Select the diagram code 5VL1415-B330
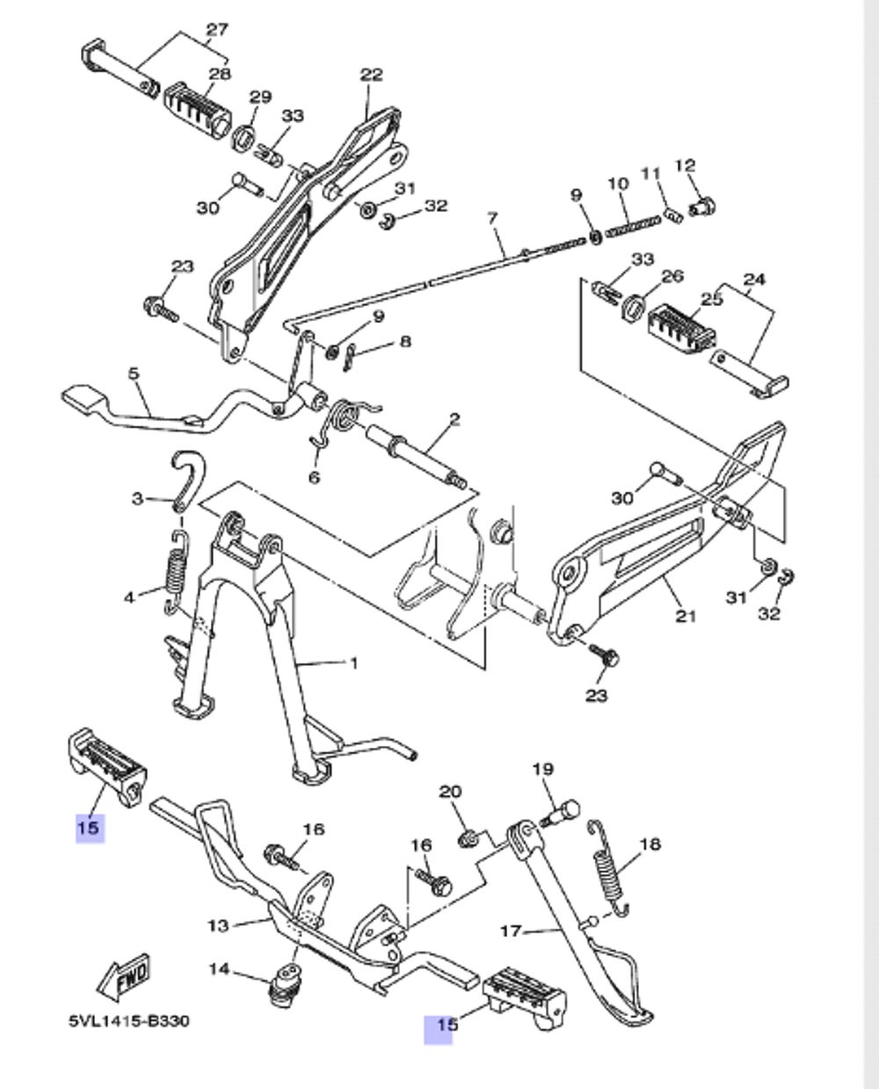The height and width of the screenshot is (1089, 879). pos(128,1021)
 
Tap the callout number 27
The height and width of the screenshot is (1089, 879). pos(216,30)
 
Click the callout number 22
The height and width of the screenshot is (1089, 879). pos(371,75)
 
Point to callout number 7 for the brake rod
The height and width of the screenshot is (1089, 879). pos(492,217)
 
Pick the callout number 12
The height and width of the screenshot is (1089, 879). pos(685,165)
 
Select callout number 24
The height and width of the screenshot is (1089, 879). pos(754,279)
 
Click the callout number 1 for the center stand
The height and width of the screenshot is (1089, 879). pos(353,662)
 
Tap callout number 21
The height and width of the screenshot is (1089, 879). pos(686,616)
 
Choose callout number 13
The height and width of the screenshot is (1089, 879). pos(218,925)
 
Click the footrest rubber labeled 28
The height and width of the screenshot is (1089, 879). pos(195,106)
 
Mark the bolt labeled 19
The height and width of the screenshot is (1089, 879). pos(560,813)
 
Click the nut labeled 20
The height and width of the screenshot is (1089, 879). pos(469,836)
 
